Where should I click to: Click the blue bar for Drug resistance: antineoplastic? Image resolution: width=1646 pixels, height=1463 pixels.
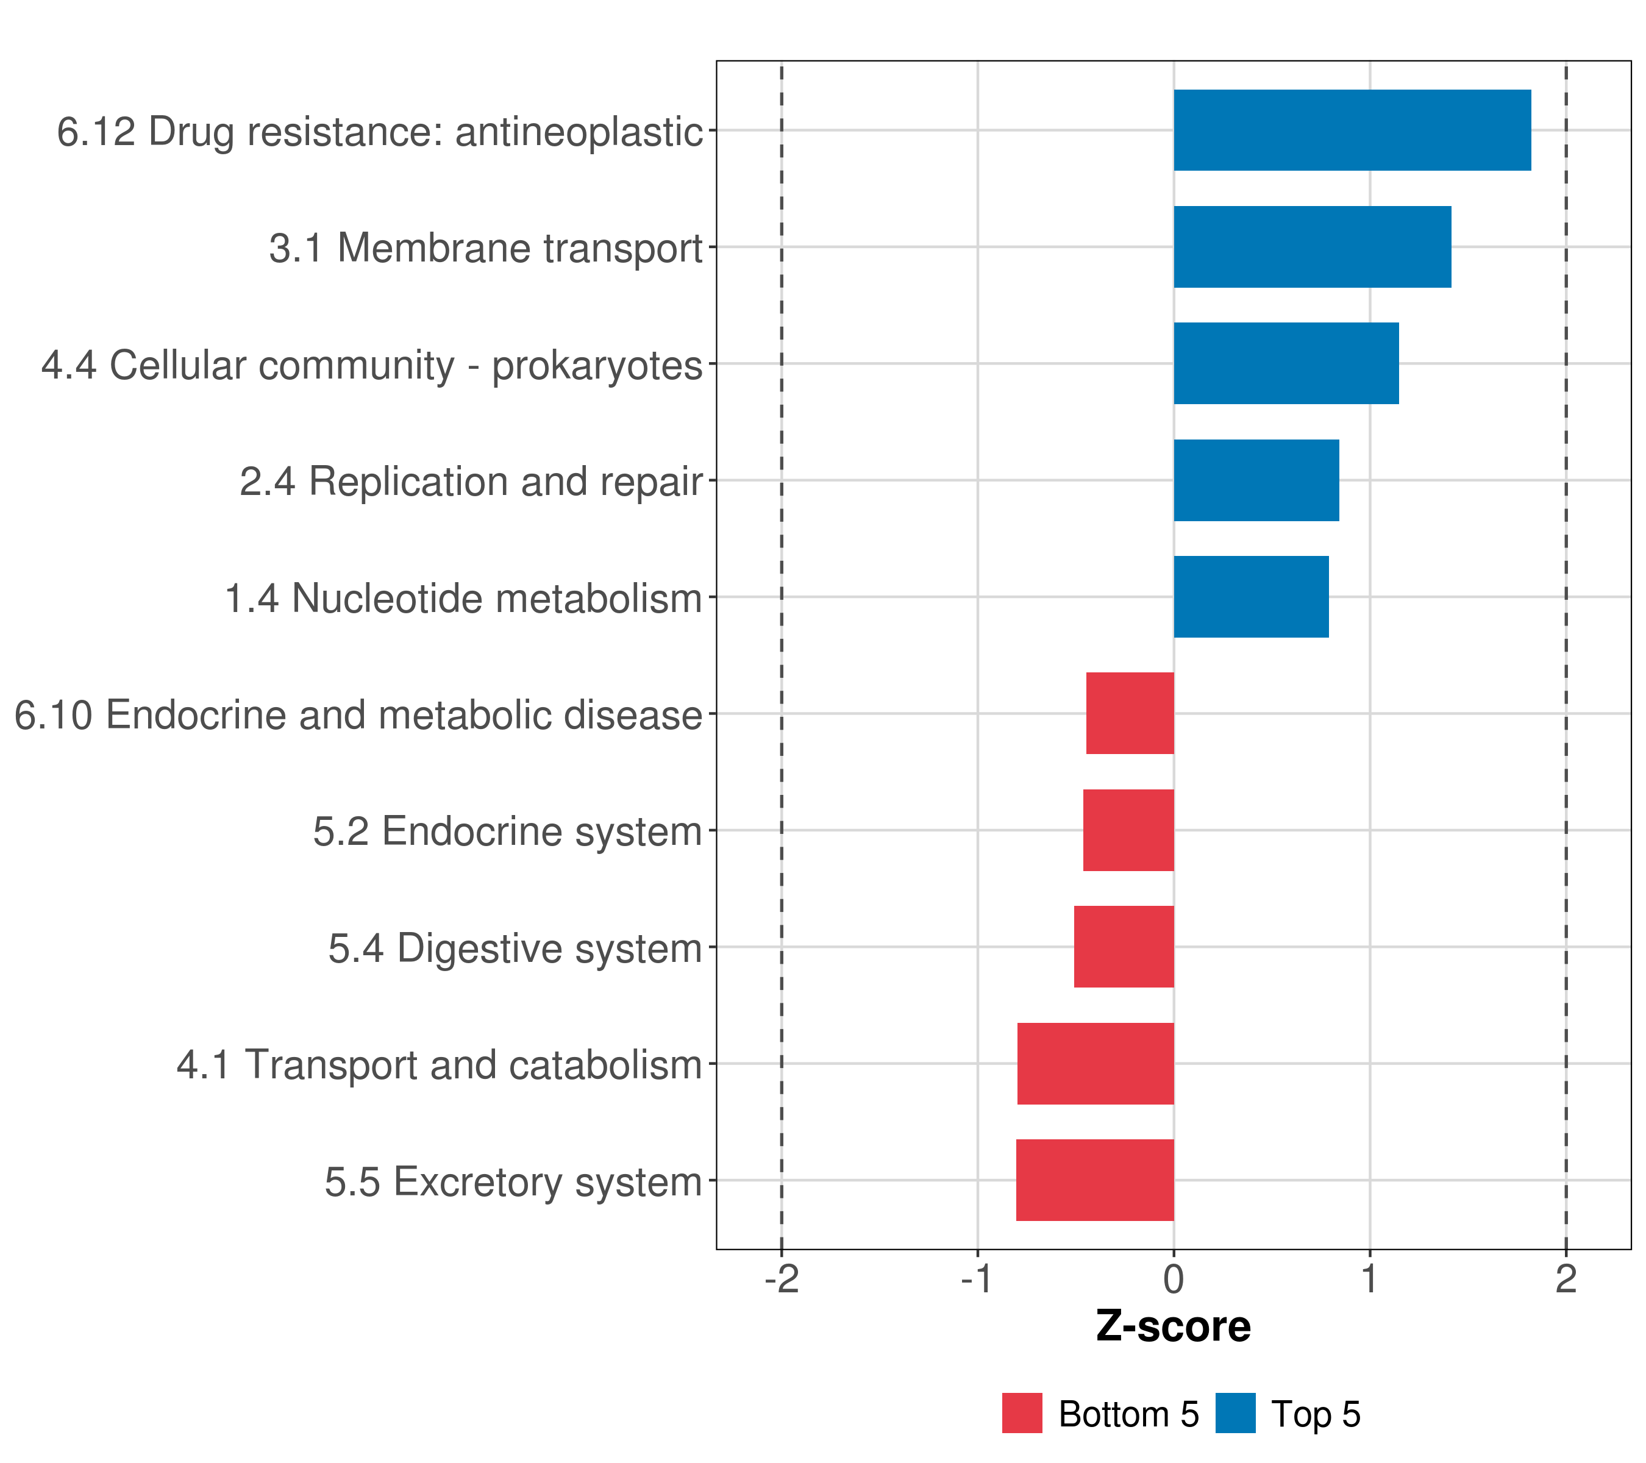point(1352,130)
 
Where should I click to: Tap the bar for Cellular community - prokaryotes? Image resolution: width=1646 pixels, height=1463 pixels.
point(1286,363)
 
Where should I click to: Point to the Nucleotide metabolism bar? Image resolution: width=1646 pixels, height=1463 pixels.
point(1250,597)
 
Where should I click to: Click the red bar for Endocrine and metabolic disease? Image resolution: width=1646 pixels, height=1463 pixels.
point(1130,713)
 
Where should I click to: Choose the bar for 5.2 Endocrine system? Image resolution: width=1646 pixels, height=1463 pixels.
point(1128,830)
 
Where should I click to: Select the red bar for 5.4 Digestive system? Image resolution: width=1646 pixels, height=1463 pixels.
point(1124,947)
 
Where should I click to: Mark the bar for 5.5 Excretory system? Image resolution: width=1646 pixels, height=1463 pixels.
point(1094,1180)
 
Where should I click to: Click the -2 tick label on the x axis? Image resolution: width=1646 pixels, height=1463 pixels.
point(781,1280)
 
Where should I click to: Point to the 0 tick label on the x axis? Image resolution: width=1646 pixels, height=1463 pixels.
point(1174,1280)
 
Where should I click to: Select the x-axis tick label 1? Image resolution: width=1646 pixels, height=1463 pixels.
point(1369,1280)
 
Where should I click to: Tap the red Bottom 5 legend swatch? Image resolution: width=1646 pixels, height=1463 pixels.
point(1022,1413)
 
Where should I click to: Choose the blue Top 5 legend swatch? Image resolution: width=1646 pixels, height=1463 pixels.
point(1235,1413)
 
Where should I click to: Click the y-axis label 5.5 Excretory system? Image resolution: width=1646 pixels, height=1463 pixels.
point(513,1182)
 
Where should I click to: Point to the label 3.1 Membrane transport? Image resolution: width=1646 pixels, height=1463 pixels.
point(486,248)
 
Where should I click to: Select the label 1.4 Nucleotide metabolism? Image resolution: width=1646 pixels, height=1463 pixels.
point(463,598)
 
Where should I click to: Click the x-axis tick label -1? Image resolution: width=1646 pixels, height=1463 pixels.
point(977,1280)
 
